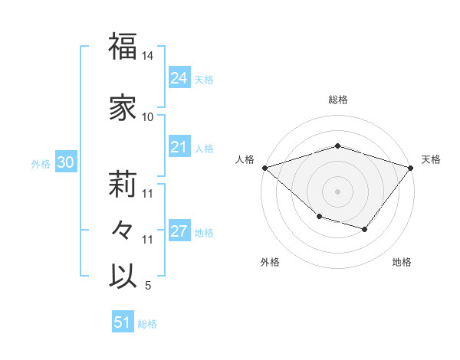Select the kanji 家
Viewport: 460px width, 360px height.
pos(123,107)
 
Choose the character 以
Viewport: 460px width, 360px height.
pos(123,277)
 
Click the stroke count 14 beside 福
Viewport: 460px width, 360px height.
pos(148,57)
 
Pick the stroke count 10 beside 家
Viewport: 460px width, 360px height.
pos(148,117)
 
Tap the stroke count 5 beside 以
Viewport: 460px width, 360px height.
pos(148,286)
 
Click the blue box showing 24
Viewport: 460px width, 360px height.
pos(179,77)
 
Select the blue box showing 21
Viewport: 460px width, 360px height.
pos(179,148)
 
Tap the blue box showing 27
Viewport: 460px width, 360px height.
pos(179,231)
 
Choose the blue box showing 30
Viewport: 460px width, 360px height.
pos(65,162)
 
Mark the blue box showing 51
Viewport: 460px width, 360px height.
pos(123,322)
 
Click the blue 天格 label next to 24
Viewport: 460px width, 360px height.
pos(204,79)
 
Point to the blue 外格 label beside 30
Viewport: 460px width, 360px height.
pos(41,163)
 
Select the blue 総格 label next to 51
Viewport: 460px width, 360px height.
pos(147,324)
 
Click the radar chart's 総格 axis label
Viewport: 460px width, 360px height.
pos(337,100)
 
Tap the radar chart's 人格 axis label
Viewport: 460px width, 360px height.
pos(245,159)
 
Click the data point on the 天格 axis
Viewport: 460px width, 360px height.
pos(411,167)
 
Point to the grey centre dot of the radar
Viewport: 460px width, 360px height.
pos(337,191)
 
